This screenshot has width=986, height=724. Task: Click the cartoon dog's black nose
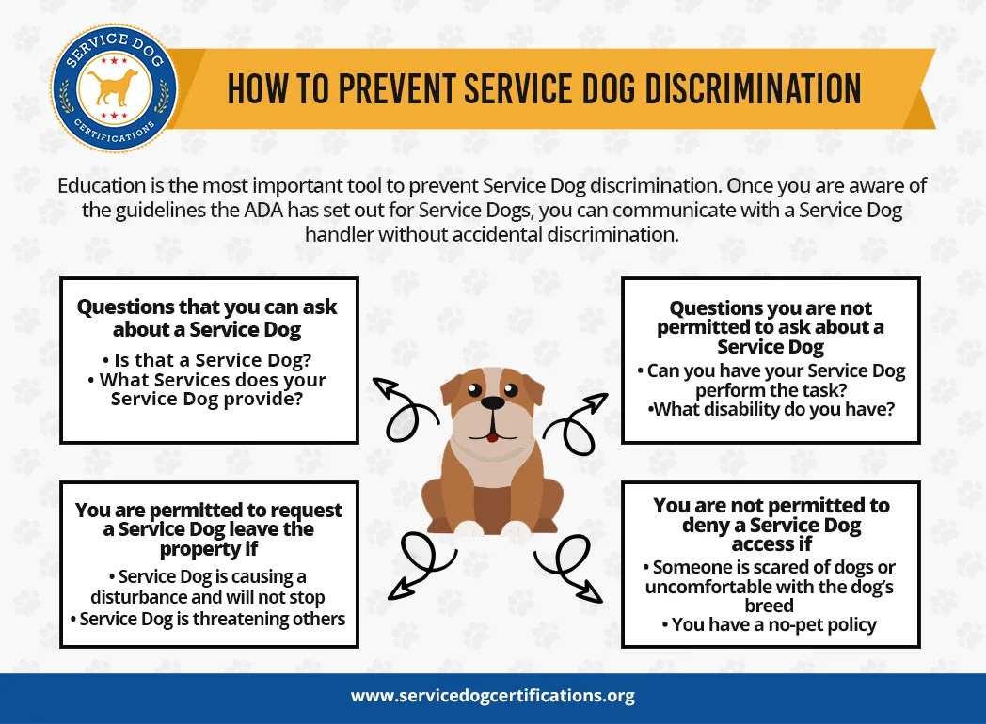coord(492,402)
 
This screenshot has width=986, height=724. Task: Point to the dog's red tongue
coord(491,436)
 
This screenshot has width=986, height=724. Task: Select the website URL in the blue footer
coord(493,697)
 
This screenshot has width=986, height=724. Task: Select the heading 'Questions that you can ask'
coord(207,307)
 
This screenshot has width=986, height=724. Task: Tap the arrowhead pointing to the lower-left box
coord(397,589)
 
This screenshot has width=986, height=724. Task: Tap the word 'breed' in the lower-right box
coord(769,605)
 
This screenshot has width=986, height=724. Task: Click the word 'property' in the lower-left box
coord(201,549)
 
